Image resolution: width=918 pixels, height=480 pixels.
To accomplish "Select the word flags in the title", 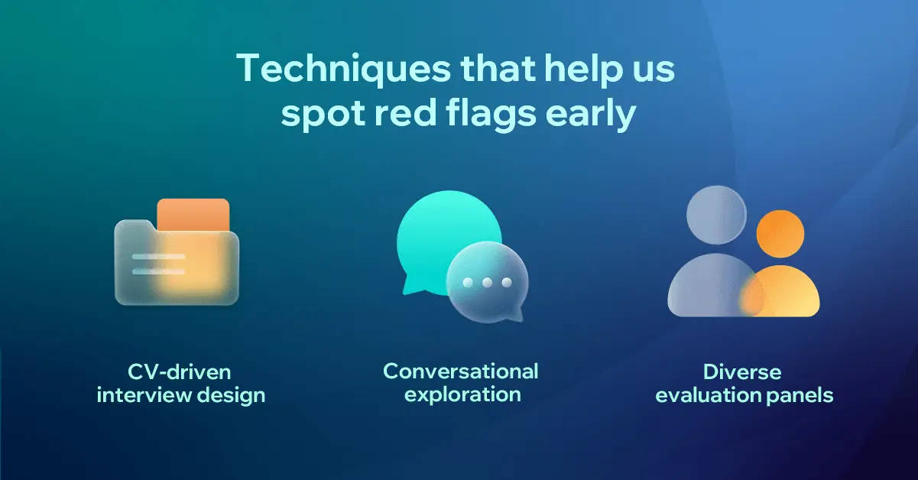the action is (x=491, y=115).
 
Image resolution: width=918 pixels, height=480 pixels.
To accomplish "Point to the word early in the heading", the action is (x=591, y=115).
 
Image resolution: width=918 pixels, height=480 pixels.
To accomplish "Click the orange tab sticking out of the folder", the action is (x=193, y=215).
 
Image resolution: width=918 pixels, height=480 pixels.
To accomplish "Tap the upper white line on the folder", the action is (x=158, y=257).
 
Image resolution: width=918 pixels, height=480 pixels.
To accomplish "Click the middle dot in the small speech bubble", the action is (x=487, y=283).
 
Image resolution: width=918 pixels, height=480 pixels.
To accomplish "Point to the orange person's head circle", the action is (x=780, y=234).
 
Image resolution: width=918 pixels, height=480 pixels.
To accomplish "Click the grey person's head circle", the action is (x=716, y=215).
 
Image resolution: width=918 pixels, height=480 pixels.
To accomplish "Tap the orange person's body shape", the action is (x=780, y=292).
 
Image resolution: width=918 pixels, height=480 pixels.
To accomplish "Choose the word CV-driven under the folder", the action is (x=180, y=372).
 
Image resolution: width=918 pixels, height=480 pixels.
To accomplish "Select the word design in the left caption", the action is (x=231, y=396).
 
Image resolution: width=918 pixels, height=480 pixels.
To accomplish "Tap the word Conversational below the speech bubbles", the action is (x=461, y=371).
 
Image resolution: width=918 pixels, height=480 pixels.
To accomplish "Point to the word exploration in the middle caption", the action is (x=462, y=395).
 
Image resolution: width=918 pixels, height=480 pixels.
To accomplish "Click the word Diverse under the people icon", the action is (x=742, y=372).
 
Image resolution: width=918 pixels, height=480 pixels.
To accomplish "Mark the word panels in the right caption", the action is (x=800, y=396).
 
